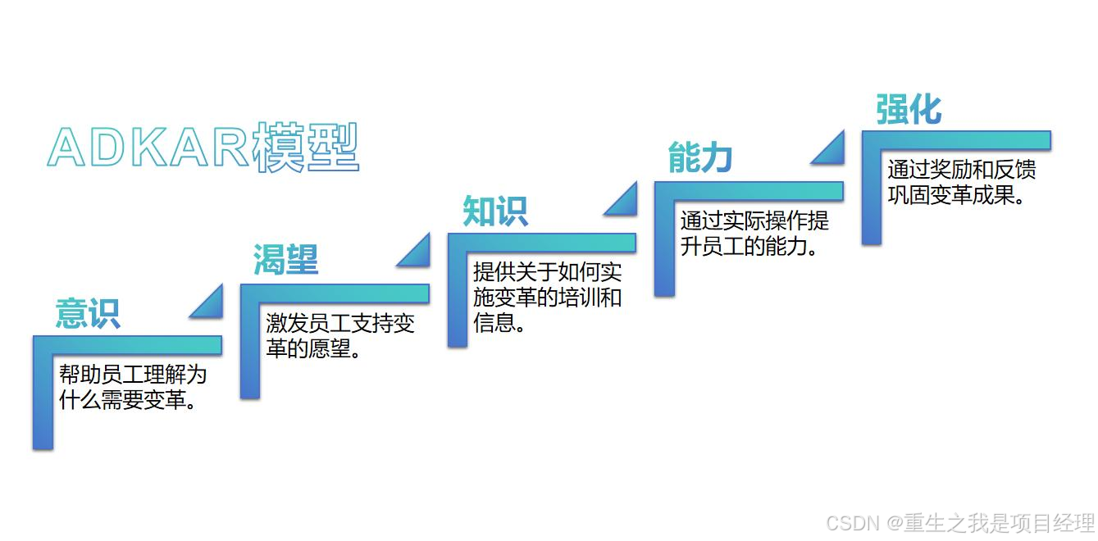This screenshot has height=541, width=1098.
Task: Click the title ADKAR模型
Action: tap(203, 148)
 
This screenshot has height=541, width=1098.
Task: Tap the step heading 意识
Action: tap(88, 313)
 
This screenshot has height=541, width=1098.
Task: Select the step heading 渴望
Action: tap(285, 260)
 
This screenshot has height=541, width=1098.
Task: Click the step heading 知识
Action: tap(495, 211)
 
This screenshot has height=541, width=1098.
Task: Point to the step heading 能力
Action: tap(699, 157)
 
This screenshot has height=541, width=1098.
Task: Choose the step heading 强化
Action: tap(909, 109)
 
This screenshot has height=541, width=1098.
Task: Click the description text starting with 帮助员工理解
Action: tap(132, 388)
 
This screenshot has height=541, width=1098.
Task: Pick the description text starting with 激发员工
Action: tap(339, 335)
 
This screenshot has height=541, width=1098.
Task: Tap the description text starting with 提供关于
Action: tap(547, 297)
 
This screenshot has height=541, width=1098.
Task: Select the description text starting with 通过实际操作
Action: tap(754, 233)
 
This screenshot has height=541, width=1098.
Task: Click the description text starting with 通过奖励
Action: tap(961, 182)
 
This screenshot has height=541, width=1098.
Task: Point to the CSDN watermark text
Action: tap(959, 522)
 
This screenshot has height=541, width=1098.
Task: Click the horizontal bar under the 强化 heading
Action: tap(956, 139)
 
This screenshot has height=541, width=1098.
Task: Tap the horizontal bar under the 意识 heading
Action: tap(128, 344)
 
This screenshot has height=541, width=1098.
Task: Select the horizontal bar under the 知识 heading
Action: tap(542, 242)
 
